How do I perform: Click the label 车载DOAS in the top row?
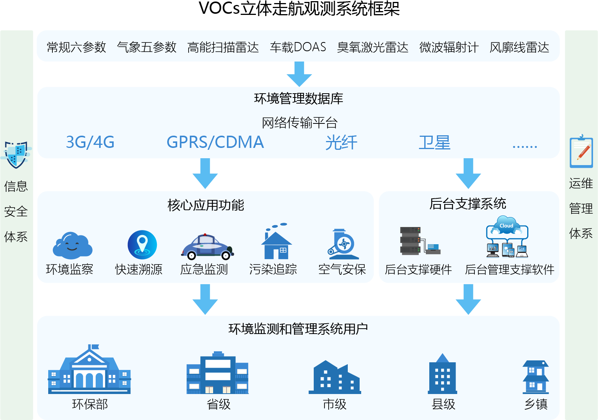298,47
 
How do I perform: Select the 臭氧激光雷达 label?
372,47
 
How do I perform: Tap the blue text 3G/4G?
90,142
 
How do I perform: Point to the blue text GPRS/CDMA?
215,142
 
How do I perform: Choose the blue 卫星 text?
434,143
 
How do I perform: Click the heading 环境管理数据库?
298,99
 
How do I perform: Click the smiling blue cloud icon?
72,246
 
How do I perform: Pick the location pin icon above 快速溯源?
142,245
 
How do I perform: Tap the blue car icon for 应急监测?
207,246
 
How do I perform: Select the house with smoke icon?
276,242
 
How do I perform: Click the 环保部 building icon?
89,370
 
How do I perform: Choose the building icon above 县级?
442,374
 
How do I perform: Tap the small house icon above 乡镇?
536,376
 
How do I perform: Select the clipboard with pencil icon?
581,152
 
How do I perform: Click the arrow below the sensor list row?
299,74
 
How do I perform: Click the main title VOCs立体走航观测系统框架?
299,9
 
